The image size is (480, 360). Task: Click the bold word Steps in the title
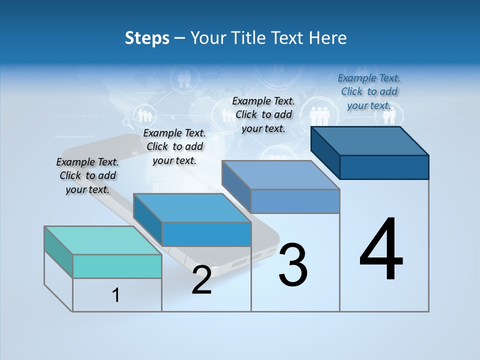[147, 38]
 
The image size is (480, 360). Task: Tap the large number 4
[381, 249]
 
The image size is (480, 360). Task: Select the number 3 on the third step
[293, 265]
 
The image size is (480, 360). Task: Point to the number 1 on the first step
[116, 295]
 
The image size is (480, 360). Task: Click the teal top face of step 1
[102, 240]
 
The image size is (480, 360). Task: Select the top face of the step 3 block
[280, 175]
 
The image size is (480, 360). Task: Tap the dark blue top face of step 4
[369, 140]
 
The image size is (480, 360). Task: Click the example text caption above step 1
[87, 175]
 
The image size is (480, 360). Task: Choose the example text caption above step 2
[174, 146]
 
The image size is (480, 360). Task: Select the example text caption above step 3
[263, 114]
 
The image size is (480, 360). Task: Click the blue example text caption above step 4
[369, 91]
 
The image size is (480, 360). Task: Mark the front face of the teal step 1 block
[117, 266]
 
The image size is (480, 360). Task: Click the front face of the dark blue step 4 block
[384, 167]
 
